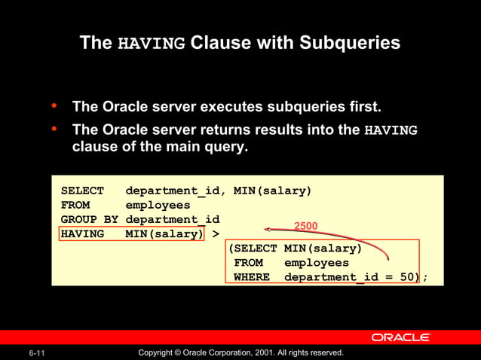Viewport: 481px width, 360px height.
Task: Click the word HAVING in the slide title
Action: point(152,44)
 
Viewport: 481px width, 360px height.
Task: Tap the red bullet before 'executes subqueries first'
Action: point(54,106)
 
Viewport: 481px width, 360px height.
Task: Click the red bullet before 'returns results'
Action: point(54,130)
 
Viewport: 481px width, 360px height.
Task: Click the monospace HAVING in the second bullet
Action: point(391,130)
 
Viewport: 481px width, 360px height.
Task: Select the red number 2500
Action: point(305,226)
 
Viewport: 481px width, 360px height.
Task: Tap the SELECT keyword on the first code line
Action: point(82,191)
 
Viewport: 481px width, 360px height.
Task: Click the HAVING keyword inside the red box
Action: point(82,233)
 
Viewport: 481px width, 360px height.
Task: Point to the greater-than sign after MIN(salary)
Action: point(216,233)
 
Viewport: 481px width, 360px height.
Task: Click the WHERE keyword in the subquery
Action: point(252,277)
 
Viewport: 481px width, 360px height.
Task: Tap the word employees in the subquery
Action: point(317,263)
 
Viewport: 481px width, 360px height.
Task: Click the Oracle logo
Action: point(400,337)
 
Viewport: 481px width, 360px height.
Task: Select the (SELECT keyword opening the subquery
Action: point(253,249)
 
